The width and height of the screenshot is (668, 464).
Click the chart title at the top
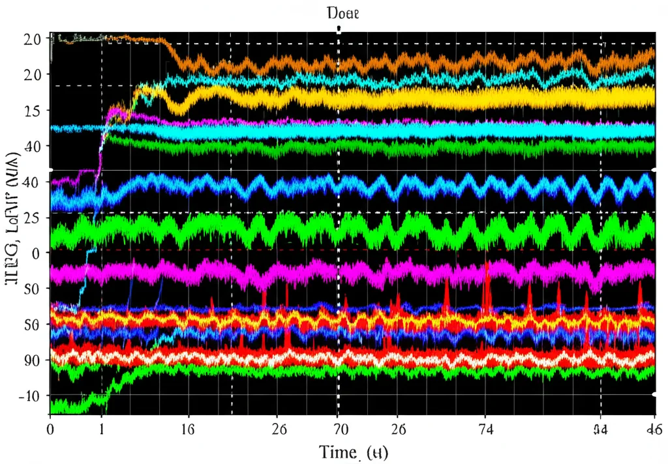pos(338,12)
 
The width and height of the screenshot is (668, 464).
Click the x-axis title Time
pos(353,451)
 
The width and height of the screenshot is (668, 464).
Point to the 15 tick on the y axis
pos(31,110)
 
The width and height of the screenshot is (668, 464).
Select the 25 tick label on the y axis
pos(32,217)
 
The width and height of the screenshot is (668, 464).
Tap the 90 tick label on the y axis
pos(32,360)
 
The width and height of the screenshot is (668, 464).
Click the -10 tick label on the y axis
pos(29,396)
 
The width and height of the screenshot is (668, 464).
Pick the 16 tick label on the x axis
pos(188,429)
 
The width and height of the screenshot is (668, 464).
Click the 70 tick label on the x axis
pos(338,429)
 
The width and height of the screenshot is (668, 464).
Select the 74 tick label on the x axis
pos(484,429)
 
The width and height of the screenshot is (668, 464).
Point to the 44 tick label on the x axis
pos(600,429)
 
